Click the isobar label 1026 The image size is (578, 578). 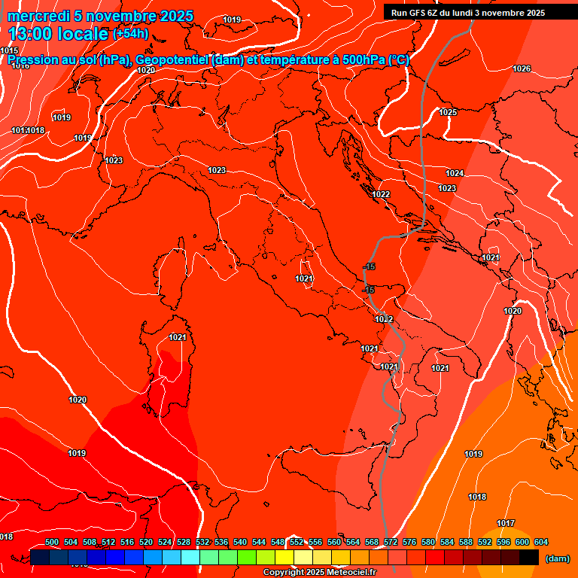point(522,68)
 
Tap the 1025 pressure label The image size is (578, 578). point(448,112)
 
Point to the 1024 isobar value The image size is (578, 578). point(454,173)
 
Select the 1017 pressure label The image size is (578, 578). point(506,523)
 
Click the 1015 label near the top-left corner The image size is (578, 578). point(9,50)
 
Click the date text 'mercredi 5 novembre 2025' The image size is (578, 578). point(101,16)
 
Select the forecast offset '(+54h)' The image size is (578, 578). point(130,34)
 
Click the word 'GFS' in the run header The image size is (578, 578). point(415,13)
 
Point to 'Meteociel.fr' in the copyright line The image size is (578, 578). point(351,572)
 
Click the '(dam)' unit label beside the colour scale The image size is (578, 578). point(556,558)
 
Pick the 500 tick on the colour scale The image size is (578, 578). point(52,542)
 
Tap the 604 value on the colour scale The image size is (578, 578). point(540,542)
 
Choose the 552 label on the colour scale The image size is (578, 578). point(297,542)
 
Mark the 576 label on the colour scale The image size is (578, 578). point(409,542)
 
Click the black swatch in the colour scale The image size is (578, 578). point(529,557)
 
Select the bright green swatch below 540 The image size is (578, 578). point(246,557)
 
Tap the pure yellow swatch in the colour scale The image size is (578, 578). point(284,557)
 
